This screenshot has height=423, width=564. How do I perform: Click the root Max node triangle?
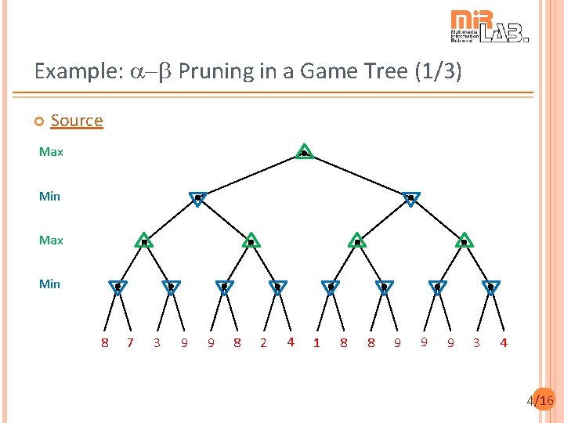coord(304,152)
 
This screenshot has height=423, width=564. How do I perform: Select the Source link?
coord(77,121)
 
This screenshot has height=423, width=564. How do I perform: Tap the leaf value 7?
coord(130,342)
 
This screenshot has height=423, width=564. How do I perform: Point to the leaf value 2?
coord(263,343)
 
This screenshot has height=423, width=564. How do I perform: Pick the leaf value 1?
coord(316,343)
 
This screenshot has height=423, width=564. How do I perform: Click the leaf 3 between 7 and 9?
coord(157,343)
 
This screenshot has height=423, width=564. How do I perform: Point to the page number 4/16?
coord(540,401)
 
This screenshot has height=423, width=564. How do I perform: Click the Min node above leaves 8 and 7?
coord(117,287)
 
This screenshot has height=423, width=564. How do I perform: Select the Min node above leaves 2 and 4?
coord(277,287)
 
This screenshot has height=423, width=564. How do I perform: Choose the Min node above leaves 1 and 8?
coord(331,287)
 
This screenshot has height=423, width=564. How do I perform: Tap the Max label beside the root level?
coord(51,152)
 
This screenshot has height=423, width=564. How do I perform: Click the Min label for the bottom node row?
coord(49,284)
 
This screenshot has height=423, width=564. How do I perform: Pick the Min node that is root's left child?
coord(197,199)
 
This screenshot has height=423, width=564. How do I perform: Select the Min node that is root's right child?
coord(410,199)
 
